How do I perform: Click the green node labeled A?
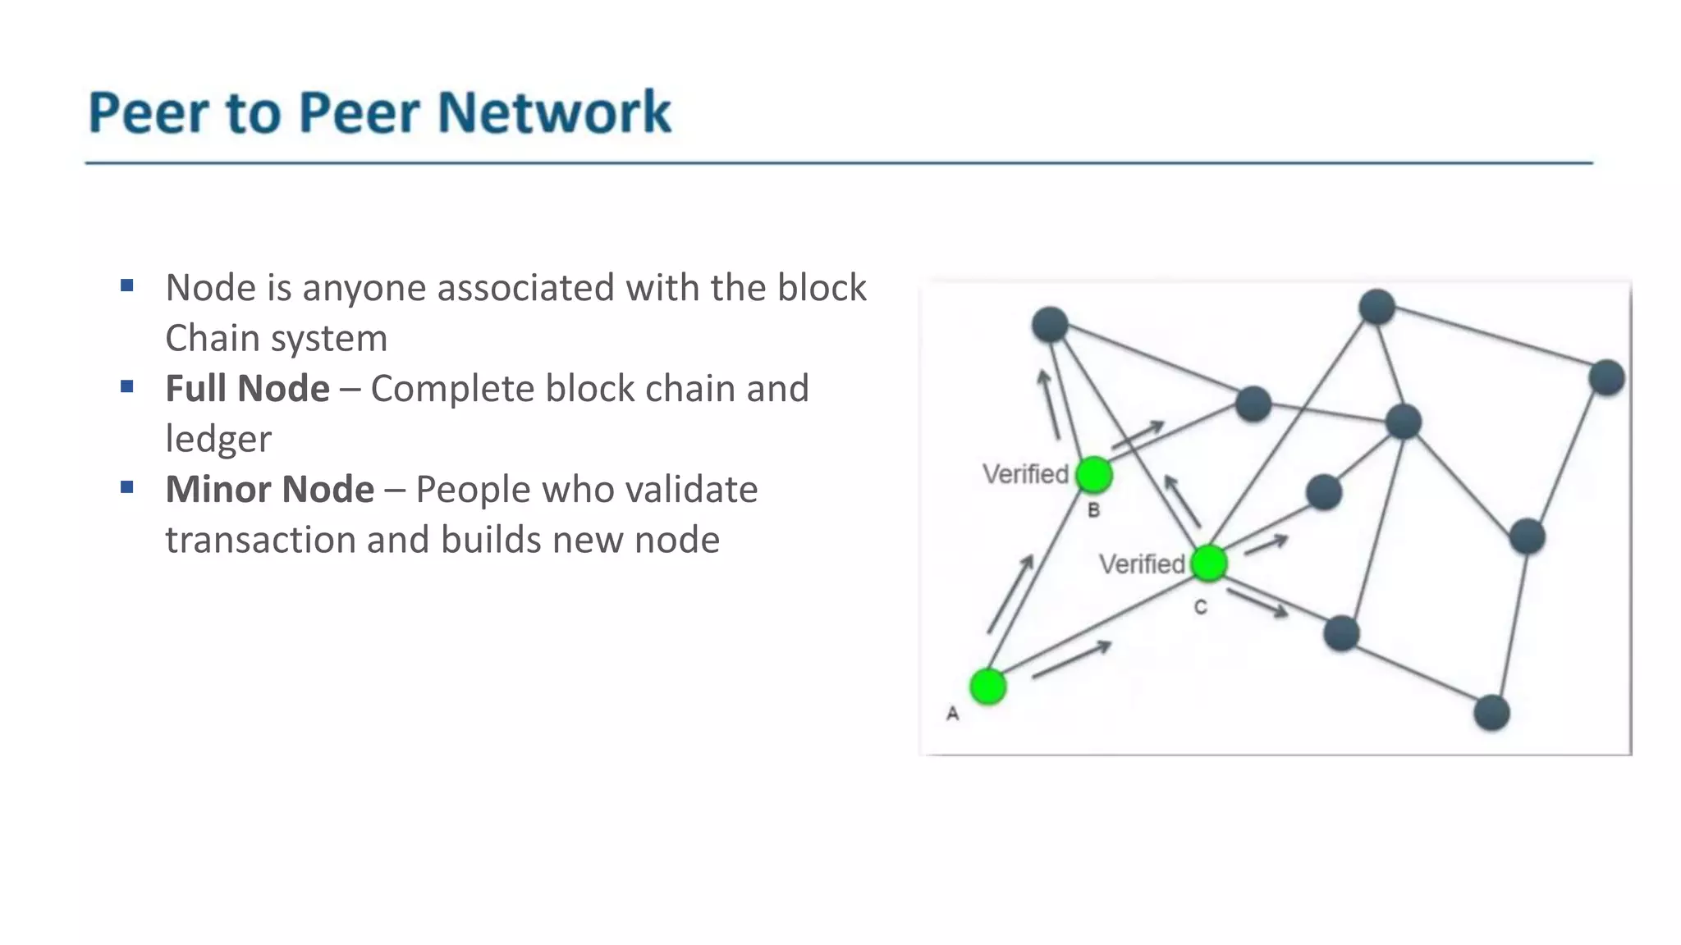(987, 687)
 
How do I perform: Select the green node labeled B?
(1094, 475)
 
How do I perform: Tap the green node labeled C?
(1208, 563)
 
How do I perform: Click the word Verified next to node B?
(1025, 474)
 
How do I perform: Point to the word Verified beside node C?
(1142, 564)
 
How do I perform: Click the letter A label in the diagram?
(952, 714)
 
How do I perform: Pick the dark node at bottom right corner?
(1491, 712)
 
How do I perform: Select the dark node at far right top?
(1606, 377)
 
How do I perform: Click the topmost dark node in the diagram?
(1376, 307)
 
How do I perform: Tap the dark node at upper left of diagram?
(1050, 324)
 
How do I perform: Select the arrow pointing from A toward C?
(1071, 660)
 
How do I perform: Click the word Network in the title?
(554, 112)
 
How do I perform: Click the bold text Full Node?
(247, 389)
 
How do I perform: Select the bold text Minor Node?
(269, 490)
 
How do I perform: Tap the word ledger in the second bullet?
(218, 440)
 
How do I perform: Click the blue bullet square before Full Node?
(126, 386)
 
